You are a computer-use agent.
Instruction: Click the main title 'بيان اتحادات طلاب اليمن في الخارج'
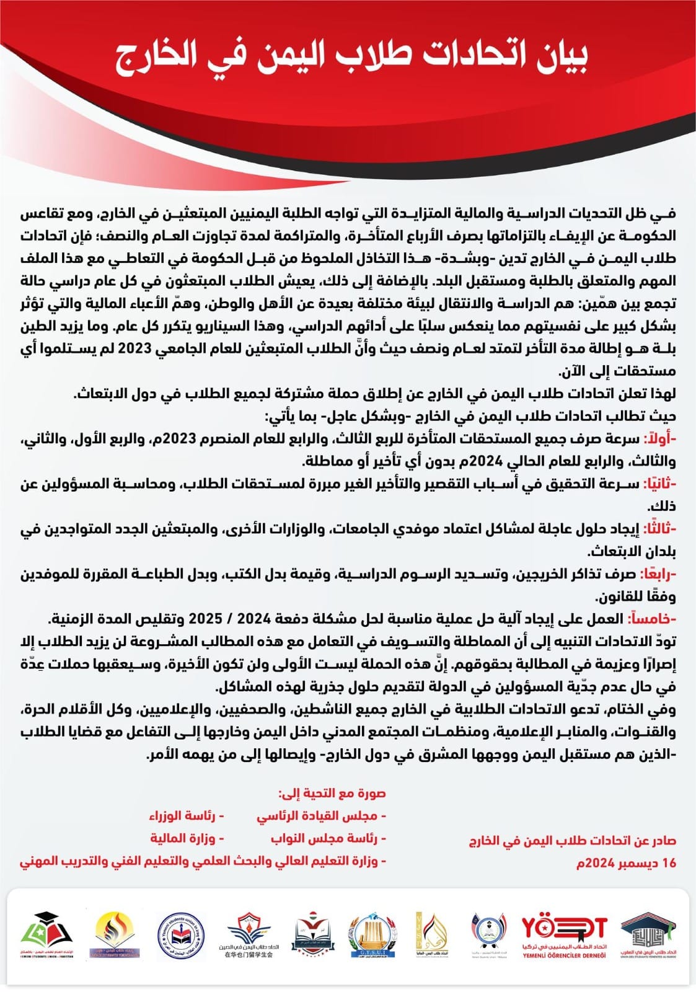click(x=351, y=57)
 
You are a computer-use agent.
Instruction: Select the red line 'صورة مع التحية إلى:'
click(x=332, y=793)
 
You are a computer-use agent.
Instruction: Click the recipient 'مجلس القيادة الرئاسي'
click(x=321, y=816)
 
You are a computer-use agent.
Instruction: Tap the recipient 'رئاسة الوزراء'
click(x=186, y=816)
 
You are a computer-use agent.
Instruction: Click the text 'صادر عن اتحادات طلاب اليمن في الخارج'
click(x=572, y=841)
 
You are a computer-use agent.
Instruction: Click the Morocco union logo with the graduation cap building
click(x=648, y=935)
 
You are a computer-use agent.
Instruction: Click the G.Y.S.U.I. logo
click(x=369, y=935)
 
